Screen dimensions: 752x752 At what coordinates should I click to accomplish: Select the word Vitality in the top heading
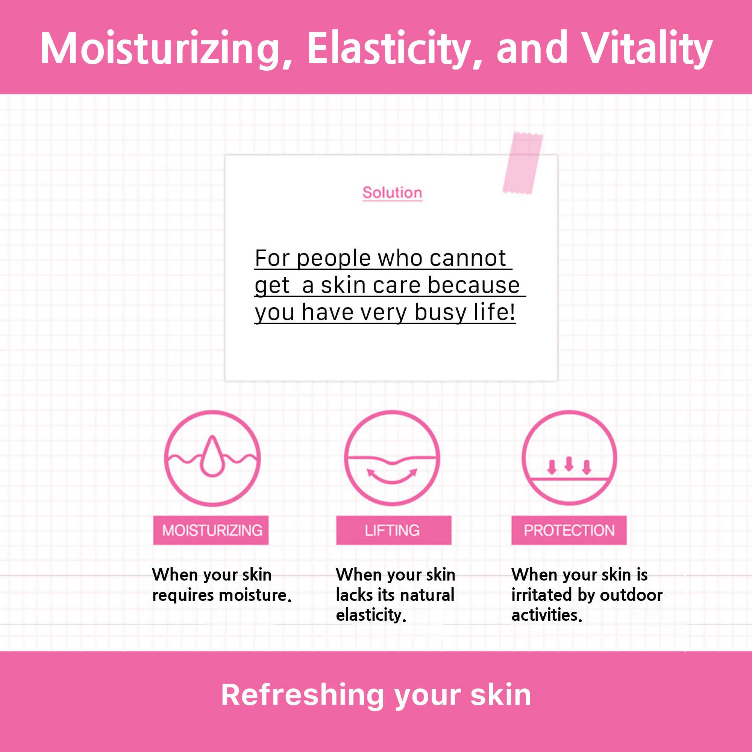648,49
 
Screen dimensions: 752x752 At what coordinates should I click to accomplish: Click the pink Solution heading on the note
392,193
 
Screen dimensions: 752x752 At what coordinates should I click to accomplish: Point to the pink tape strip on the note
523,163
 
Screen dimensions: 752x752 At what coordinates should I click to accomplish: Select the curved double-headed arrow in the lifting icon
392,478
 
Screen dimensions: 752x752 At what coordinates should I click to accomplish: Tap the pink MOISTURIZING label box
211,530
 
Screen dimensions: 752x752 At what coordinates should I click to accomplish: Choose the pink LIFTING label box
394,530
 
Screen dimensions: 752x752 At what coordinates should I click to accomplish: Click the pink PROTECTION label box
569,530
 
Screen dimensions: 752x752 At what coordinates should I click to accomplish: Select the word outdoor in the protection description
631,595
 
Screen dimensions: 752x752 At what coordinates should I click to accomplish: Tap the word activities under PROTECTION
546,615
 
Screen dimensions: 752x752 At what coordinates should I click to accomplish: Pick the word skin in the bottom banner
500,695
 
